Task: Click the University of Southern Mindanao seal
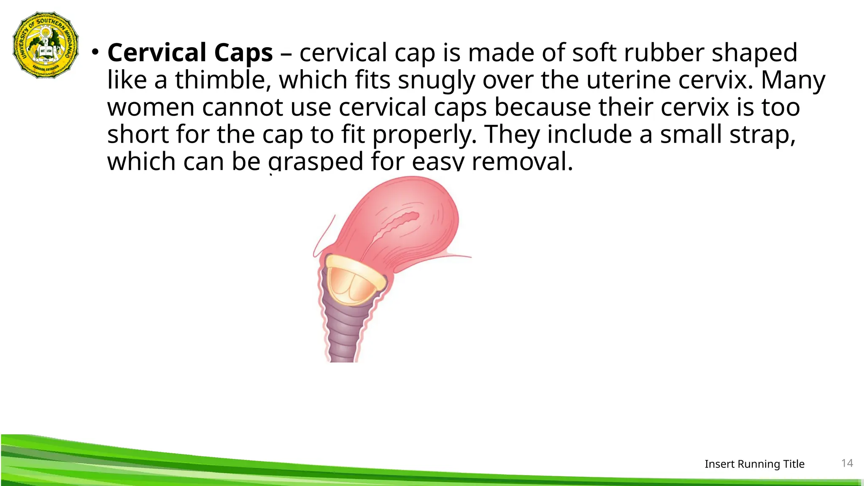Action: click(46, 45)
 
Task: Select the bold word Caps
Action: click(243, 53)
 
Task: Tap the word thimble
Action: click(223, 80)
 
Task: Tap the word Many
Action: click(793, 80)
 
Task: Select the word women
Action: click(151, 107)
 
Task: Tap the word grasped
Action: click(316, 161)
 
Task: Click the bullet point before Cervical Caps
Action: click(96, 52)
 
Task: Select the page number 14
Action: click(847, 463)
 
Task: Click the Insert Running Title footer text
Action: click(754, 464)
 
